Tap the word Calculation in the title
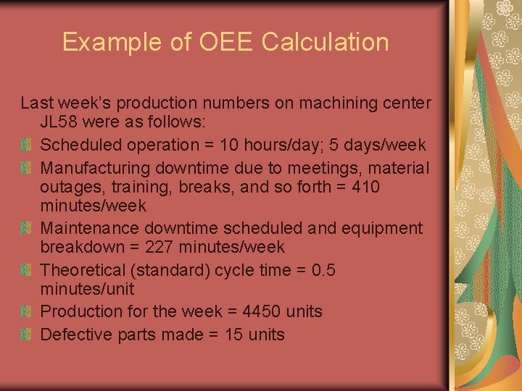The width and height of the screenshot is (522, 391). tap(325, 42)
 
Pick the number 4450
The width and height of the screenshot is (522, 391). tap(260, 311)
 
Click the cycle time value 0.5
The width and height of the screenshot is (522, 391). tap(323, 270)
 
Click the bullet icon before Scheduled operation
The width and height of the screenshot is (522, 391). tap(27, 146)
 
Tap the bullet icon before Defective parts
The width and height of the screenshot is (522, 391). tap(27, 334)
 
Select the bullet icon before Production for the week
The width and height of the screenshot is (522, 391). tap(27, 311)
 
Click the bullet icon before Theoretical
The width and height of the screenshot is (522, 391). tap(27, 270)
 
